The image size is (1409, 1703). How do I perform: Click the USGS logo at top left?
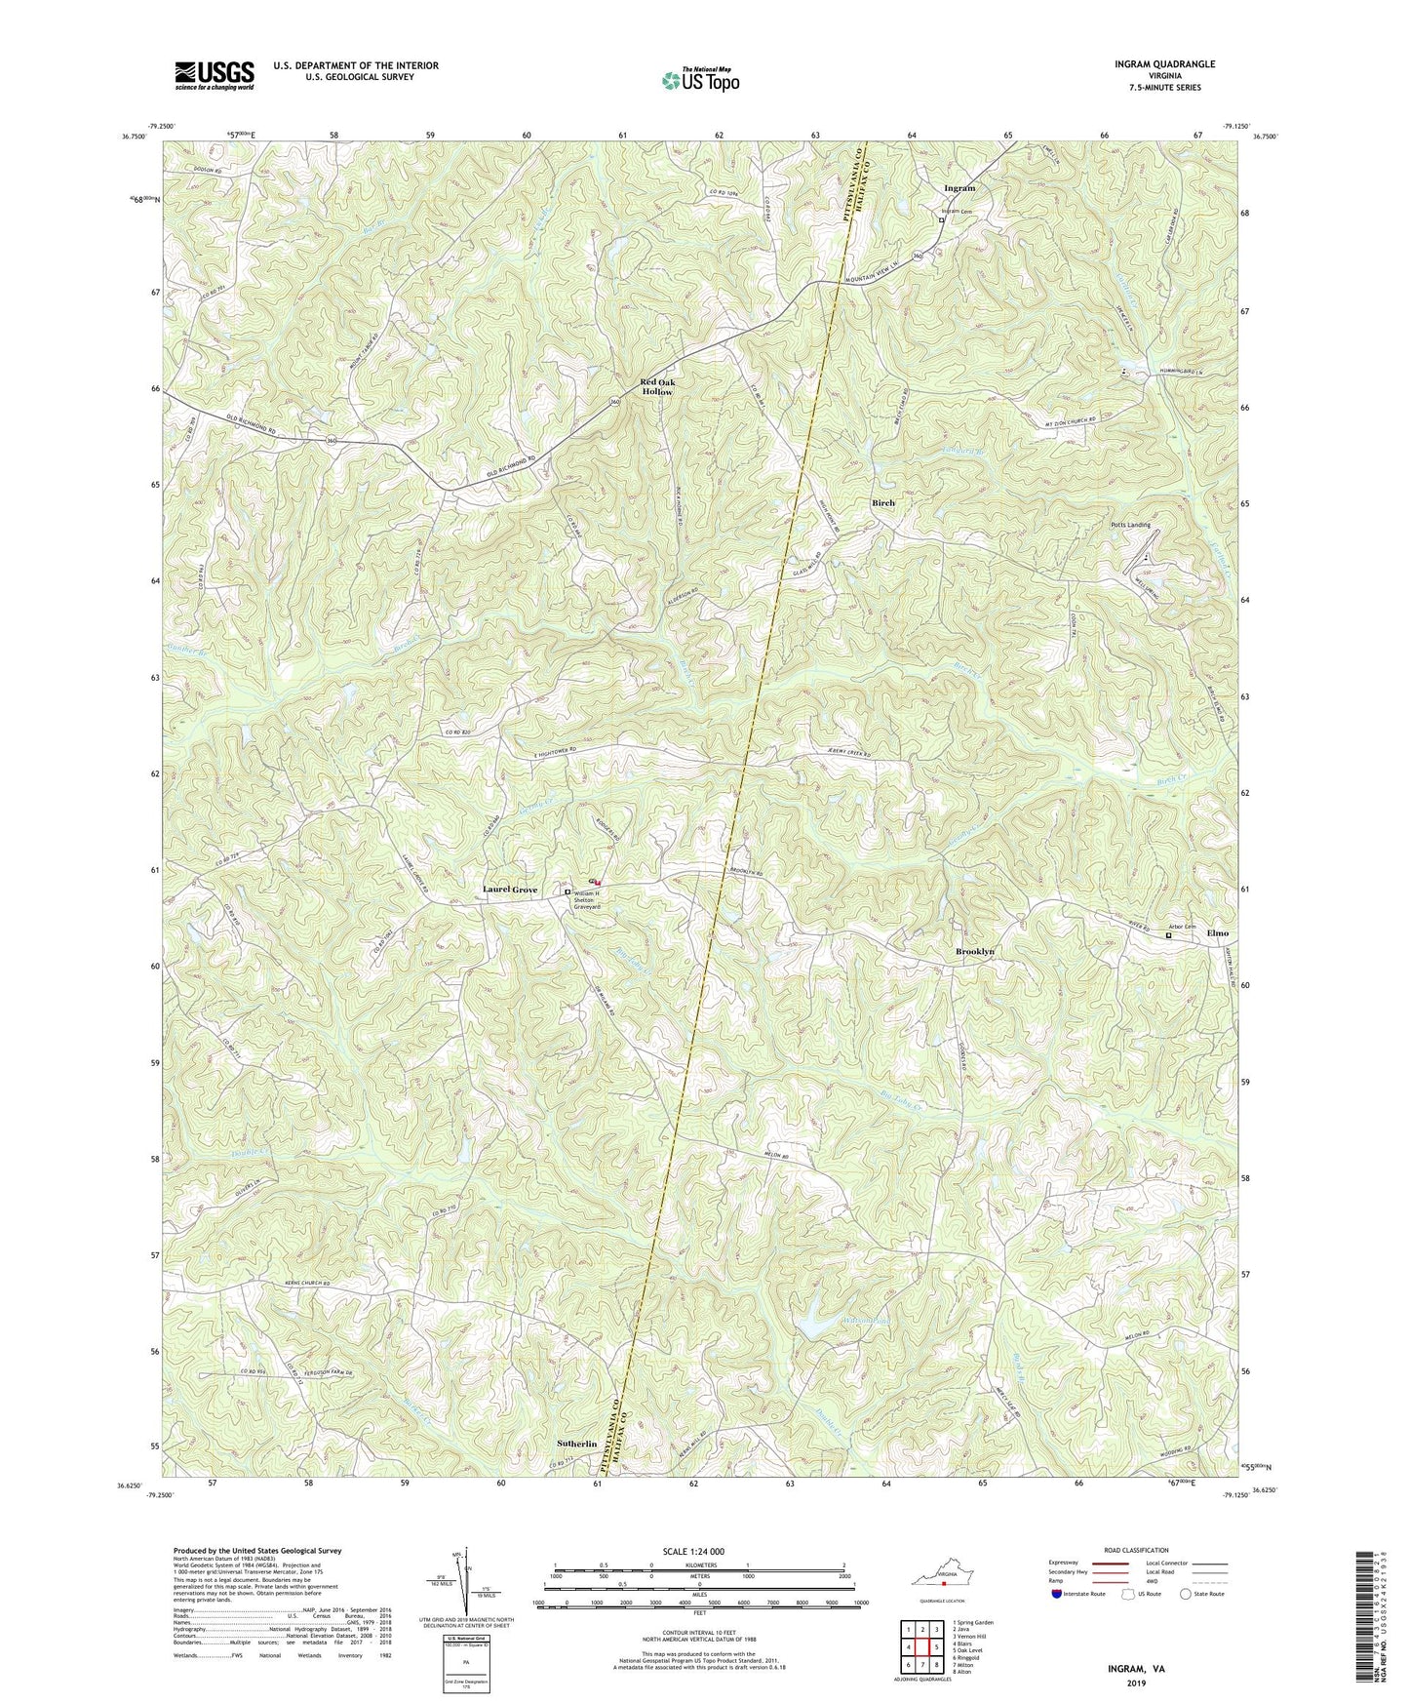[x=215, y=74]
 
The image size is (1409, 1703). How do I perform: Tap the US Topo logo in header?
[x=699, y=80]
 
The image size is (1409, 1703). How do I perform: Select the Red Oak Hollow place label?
[x=657, y=386]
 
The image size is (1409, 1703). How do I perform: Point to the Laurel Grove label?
[x=510, y=890]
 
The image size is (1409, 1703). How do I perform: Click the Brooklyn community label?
[x=974, y=951]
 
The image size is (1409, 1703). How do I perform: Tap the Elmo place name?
[x=1217, y=933]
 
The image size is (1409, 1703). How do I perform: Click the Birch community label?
[x=882, y=502]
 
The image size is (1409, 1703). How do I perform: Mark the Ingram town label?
[x=959, y=187]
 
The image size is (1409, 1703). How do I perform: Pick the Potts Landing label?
[x=1131, y=525]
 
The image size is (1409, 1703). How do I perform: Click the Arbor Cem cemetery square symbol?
[x=1169, y=935]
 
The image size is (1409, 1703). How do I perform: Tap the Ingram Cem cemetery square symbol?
[x=941, y=220]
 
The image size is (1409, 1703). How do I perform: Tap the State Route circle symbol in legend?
[x=1185, y=1594]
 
